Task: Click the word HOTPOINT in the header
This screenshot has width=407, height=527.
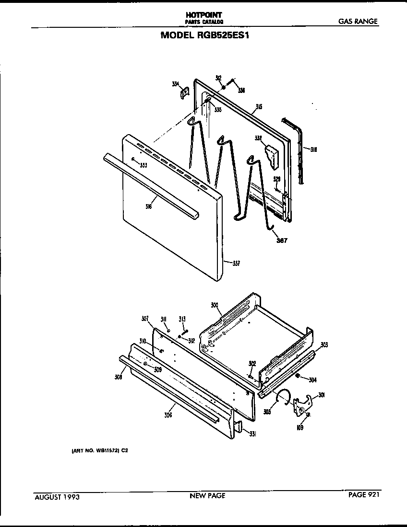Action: pyautogui.click(x=204, y=15)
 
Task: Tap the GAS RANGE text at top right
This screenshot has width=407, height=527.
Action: pyautogui.click(x=358, y=22)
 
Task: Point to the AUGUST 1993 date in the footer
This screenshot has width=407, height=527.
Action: pyautogui.click(x=57, y=497)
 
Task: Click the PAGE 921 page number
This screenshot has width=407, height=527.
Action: pyautogui.click(x=364, y=495)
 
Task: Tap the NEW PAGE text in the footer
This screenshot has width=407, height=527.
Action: pyautogui.click(x=207, y=496)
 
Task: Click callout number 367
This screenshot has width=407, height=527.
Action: pyautogui.click(x=281, y=241)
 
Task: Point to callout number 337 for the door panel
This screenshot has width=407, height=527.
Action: pyautogui.click(x=236, y=263)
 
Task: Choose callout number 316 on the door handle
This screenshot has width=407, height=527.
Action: pyautogui.click(x=149, y=206)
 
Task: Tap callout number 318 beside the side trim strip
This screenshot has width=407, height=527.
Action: pyautogui.click(x=313, y=149)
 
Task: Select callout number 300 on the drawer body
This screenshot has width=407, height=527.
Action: pyautogui.click(x=215, y=305)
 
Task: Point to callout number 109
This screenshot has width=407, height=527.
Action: pyautogui.click(x=300, y=427)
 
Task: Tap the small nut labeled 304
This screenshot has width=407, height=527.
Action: pyautogui.click(x=298, y=376)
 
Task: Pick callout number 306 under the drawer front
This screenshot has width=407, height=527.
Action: pyautogui.click(x=168, y=415)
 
